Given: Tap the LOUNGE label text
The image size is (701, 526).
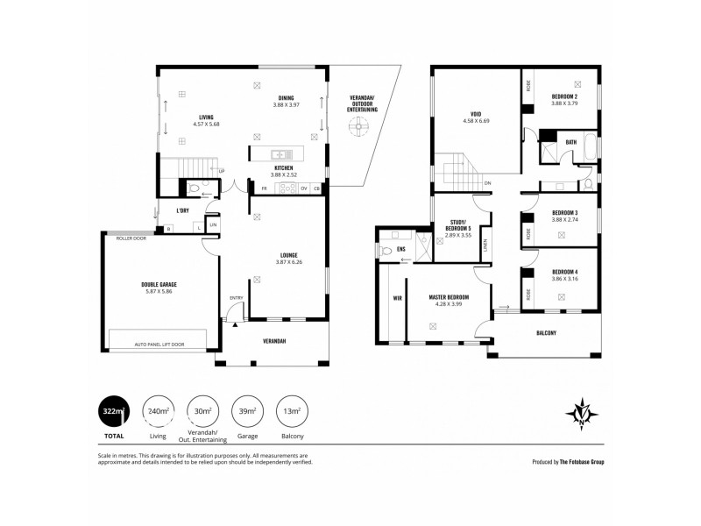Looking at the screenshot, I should tap(288, 255).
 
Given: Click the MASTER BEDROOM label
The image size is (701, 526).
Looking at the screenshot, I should tap(448, 297).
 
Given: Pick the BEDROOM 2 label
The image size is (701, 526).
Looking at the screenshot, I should tap(565, 96).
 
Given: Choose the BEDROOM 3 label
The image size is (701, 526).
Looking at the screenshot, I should tap(565, 212).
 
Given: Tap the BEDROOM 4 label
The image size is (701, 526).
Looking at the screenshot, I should tap(565, 272).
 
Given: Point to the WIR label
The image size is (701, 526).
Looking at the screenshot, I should tap(397, 297).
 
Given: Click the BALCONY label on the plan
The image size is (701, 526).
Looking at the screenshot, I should tap(547, 333).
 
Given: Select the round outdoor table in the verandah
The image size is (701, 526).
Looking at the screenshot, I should tap(357, 127).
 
